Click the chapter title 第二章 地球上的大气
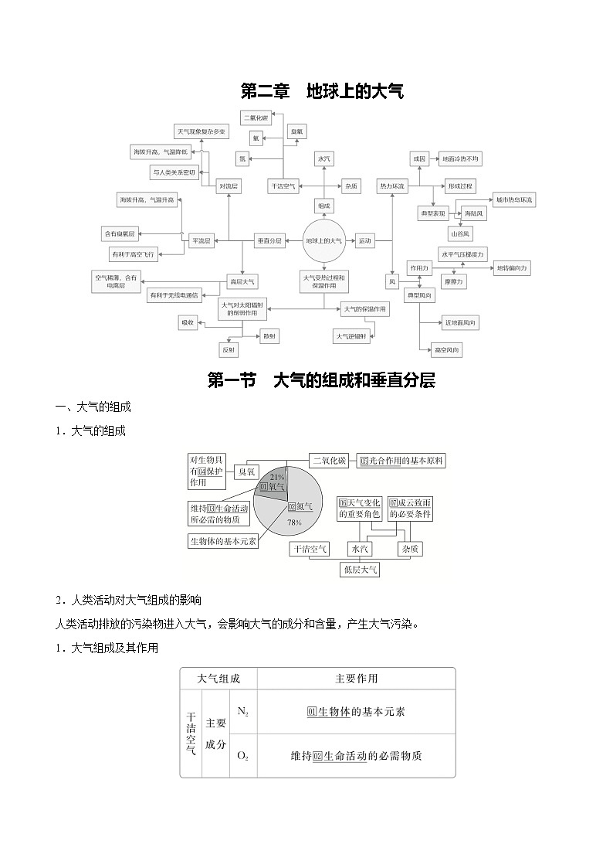322,92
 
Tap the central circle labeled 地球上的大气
323,241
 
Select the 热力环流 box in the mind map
392,187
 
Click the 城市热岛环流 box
514,200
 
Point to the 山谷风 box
461,233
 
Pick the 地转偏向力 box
512,267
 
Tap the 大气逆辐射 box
351,336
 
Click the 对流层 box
229,187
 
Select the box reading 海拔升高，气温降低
159,151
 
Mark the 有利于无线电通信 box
174,294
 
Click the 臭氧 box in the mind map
297,132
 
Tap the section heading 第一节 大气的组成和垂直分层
322,380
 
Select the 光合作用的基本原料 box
401,461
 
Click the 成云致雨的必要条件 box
410,509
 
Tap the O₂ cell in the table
242,755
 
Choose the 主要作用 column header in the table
357,679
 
